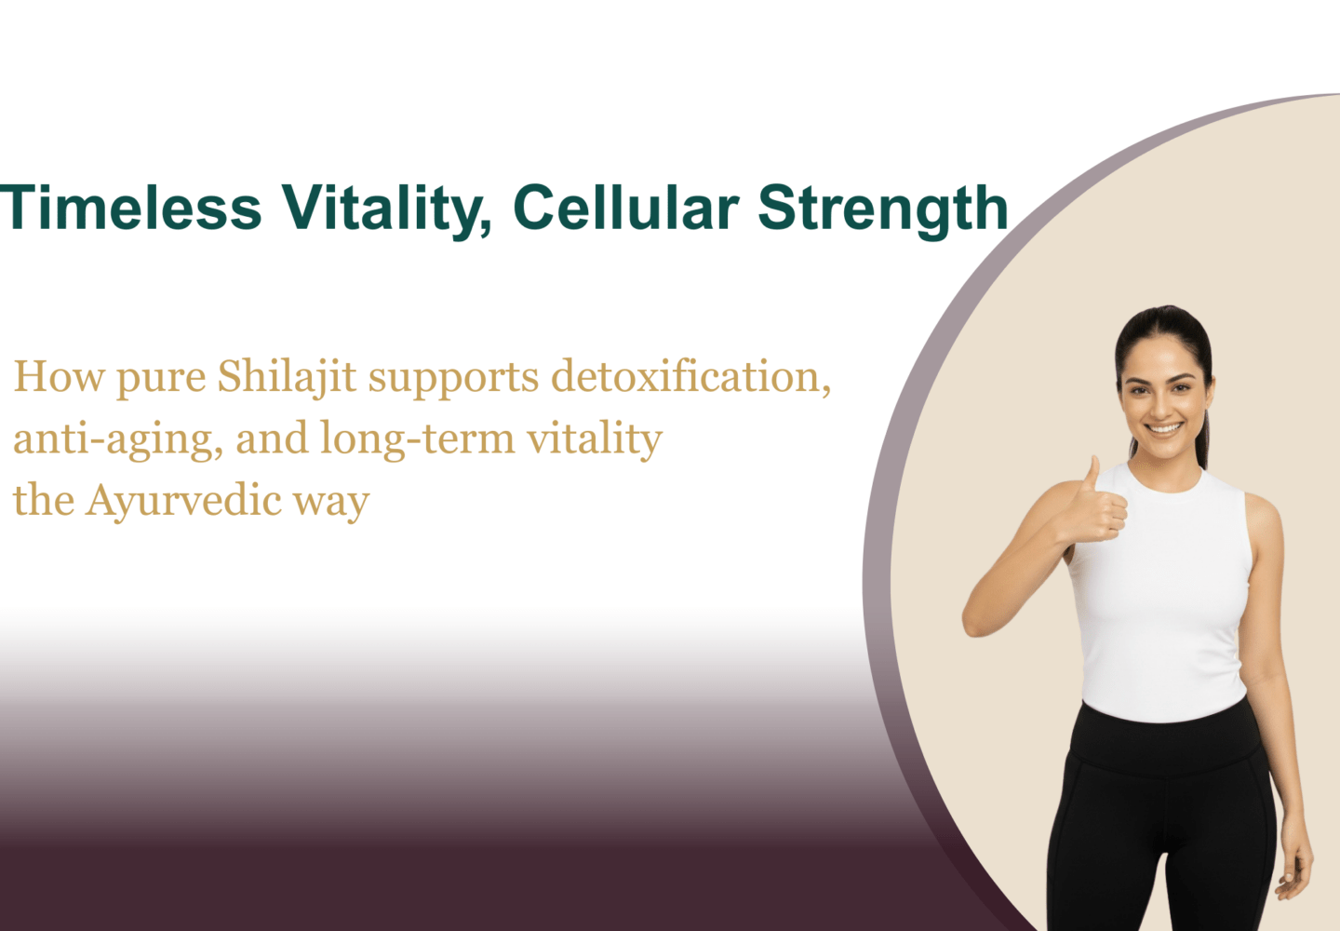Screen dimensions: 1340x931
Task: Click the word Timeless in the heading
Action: [131, 207]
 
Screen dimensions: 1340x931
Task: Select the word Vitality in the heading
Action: [387, 210]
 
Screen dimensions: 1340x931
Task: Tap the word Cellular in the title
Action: [626, 207]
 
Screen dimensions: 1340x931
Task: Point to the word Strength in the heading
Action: [883, 210]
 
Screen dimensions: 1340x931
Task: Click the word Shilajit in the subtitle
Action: [288, 378]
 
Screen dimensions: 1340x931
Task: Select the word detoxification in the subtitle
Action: [690, 377]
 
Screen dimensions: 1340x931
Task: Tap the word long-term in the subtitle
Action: [418, 440]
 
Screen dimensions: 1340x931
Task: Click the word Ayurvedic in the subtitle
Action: [183, 502]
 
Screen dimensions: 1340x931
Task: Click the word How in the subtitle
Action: [59, 377]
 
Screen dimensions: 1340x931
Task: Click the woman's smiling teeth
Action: [1163, 428]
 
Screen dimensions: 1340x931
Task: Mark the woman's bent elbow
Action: [974, 622]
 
